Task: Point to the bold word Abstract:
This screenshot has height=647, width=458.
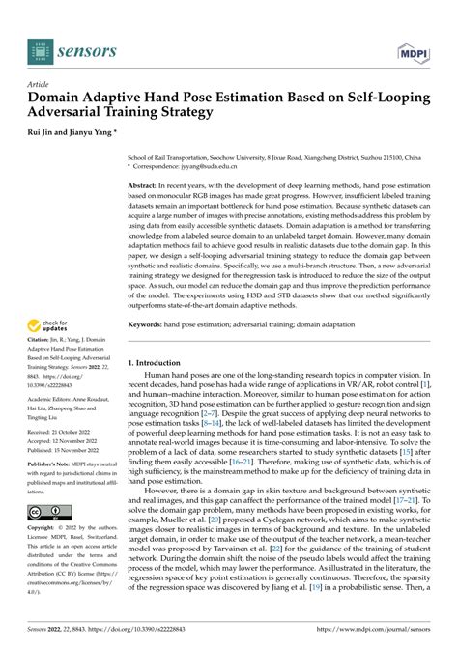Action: point(146,183)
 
